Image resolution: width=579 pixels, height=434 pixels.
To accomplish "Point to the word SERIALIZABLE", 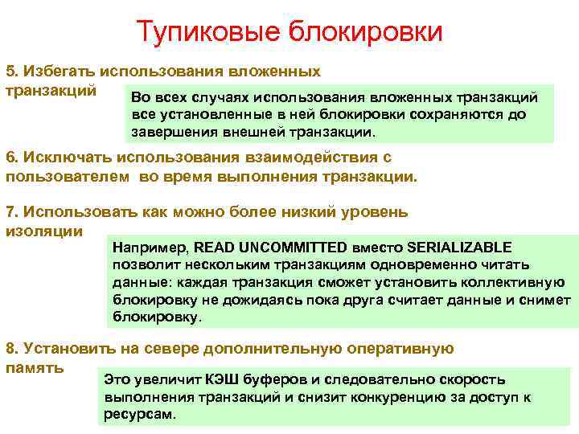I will coord(459,247).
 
